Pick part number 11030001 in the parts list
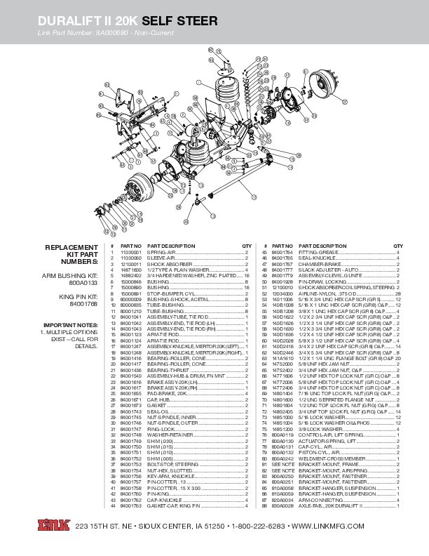point(131,251)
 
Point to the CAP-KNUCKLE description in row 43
point(161,499)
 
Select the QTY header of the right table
point(397,246)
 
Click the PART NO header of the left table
point(131,246)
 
